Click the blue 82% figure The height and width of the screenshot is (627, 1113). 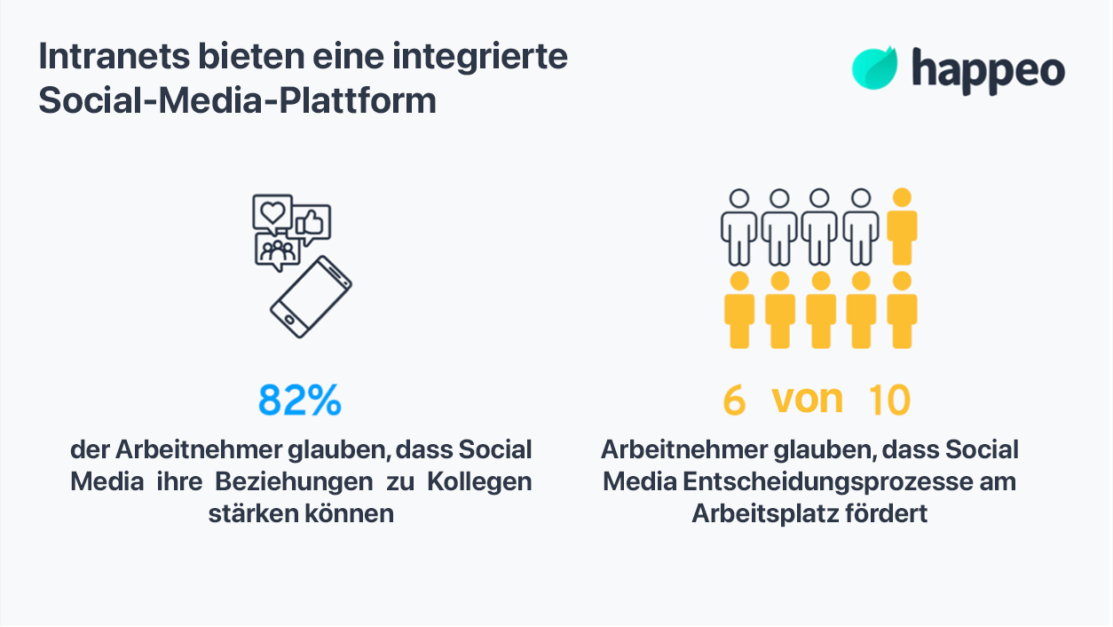pyautogui.click(x=300, y=401)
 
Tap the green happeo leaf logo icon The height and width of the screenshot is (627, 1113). pyautogui.click(x=875, y=68)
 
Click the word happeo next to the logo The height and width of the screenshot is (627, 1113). pyautogui.click(x=988, y=70)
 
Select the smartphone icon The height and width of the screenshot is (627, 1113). pyautogui.click(x=311, y=297)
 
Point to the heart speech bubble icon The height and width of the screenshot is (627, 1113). pyautogui.click(x=272, y=213)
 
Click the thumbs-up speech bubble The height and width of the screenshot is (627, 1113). pyautogui.click(x=312, y=223)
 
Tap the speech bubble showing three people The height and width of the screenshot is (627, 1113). pyautogui.click(x=276, y=251)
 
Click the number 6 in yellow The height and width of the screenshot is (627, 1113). pyautogui.click(x=733, y=401)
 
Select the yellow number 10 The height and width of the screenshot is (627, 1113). pyautogui.click(x=889, y=401)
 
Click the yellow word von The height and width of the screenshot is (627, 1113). pyautogui.click(x=807, y=400)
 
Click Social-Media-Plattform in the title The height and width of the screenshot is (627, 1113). pyautogui.click(x=237, y=101)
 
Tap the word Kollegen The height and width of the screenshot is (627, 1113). pyautogui.click(x=479, y=482)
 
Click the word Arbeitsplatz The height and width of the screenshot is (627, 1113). pyautogui.click(x=762, y=514)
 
